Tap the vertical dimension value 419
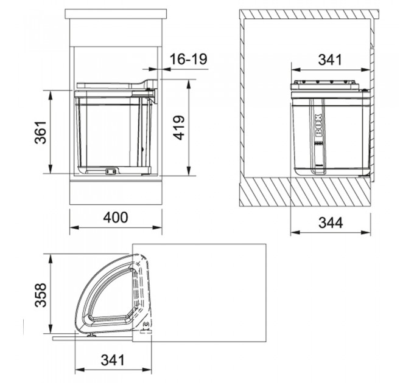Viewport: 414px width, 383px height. [x=178, y=127]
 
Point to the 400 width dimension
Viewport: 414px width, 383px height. [x=116, y=217]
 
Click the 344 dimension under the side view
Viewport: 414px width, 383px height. [x=331, y=223]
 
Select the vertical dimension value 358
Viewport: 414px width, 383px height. [x=40, y=295]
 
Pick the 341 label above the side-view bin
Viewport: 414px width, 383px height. [x=331, y=60]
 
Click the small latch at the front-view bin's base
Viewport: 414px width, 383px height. [x=110, y=171]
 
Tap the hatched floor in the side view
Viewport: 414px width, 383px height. [x=304, y=193]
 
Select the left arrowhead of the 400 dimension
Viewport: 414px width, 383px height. [x=72, y=229]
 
